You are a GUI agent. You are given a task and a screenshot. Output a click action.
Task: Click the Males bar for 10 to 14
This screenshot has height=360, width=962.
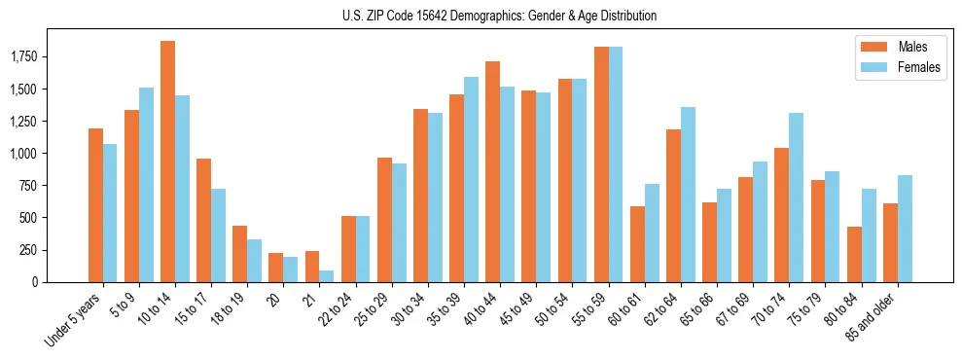[x=167, y=162]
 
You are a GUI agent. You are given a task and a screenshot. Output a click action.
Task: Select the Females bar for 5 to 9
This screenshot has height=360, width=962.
[x=146, y=185]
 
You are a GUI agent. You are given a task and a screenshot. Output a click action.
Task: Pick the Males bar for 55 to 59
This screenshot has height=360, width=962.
[x=601, y=164]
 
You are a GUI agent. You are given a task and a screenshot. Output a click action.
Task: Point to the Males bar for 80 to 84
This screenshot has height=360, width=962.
[x=854, y=254]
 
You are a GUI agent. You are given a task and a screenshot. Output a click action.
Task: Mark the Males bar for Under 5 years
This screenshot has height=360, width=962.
[x=95, y=205]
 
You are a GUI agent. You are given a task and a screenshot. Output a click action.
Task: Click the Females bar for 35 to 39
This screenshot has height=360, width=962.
[x=471, y=179]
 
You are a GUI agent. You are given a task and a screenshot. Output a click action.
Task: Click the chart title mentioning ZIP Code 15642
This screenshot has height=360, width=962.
[x=499, y=16]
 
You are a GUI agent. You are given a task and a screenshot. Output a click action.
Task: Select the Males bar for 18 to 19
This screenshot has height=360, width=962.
[x=239, y=254]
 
